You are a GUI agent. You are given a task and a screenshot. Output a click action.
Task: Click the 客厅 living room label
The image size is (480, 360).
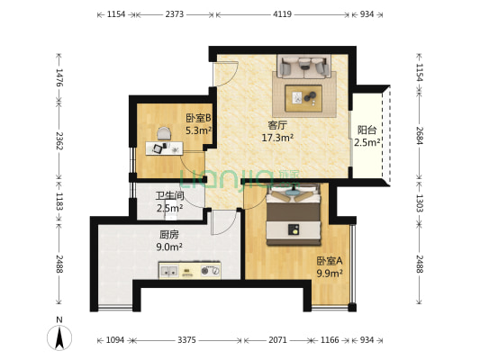tap(277, 125)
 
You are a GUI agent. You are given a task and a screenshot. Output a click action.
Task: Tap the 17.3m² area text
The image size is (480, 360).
tap(277, 138)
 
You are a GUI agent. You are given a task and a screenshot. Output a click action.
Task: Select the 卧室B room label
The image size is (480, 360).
tap(198, 118)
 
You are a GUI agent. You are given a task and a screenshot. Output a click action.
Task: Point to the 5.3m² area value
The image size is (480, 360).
tap(198, 130)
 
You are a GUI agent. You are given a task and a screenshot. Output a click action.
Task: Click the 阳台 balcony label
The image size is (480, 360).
tap(367, 130)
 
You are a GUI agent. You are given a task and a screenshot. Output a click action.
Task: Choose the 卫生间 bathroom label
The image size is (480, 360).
tap(169, 195)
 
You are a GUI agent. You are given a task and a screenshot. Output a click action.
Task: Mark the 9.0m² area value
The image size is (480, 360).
tap(169, 247)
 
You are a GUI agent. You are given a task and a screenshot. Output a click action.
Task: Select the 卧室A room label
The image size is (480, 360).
tap(329, 261)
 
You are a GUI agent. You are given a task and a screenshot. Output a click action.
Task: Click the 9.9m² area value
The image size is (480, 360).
tap(329, 273)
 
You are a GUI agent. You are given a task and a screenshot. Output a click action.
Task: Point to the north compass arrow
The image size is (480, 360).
tap(59, 337)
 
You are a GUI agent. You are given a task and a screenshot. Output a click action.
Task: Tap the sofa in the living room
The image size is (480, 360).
tap(303, 67)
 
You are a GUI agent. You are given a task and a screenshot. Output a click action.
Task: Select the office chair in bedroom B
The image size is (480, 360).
tap(163, 134)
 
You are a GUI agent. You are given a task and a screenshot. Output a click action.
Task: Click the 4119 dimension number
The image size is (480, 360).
tap(282, 15)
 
